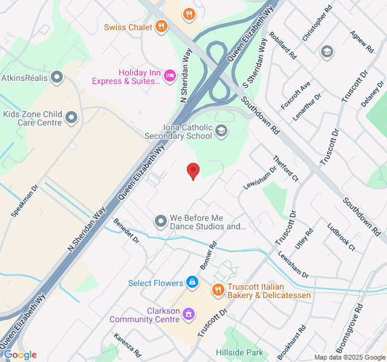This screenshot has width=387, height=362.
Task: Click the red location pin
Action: tap(193, 170)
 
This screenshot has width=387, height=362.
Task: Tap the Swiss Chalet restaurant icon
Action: tap(161, 26)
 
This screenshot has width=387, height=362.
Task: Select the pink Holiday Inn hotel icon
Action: tap(170, 75)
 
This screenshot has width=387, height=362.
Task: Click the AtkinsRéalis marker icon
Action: tap(57, 77)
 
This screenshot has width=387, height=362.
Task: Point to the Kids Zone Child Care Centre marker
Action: tap(72, 117)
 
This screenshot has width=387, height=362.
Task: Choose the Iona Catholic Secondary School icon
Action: tap(222, 130)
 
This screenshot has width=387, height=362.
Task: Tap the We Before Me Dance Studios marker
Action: tap(161, 221)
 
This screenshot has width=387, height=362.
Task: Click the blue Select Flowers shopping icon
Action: tap(192, 282)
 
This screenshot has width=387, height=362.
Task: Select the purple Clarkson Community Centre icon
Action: tap(189, 314)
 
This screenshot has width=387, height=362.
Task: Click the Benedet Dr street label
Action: tap(126, 231)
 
